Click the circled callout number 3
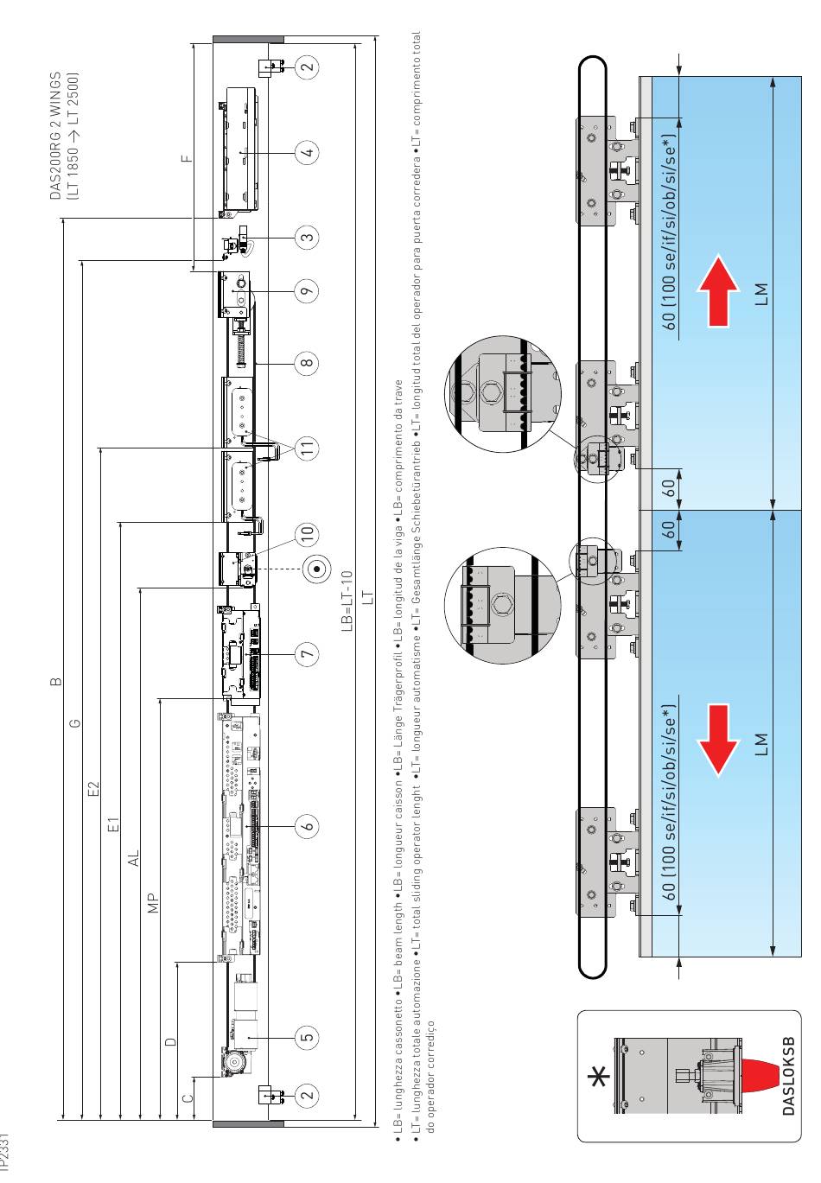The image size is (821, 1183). click(308, 236)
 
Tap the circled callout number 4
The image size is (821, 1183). click(308, 154)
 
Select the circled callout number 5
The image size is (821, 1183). click(308, 1035)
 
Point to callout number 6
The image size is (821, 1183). click(308, 826)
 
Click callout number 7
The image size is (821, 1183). click(308, 656)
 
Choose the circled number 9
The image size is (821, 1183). click(308, 292)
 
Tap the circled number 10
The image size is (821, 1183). click(308, 533)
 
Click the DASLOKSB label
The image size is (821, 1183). click(787, 1072)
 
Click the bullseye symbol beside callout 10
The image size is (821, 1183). click(317, 569)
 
